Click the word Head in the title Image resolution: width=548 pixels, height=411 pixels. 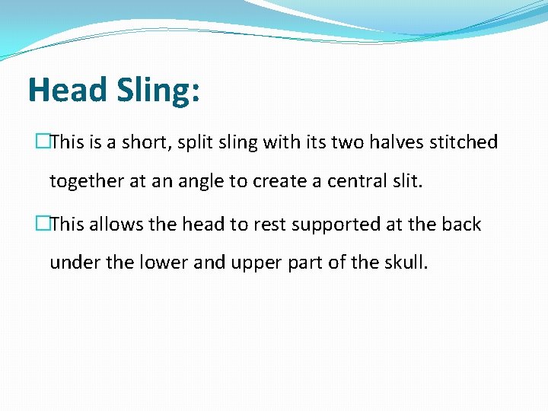click(x=67, y=90)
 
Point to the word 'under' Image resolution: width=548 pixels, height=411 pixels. click(x=72, y=263)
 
